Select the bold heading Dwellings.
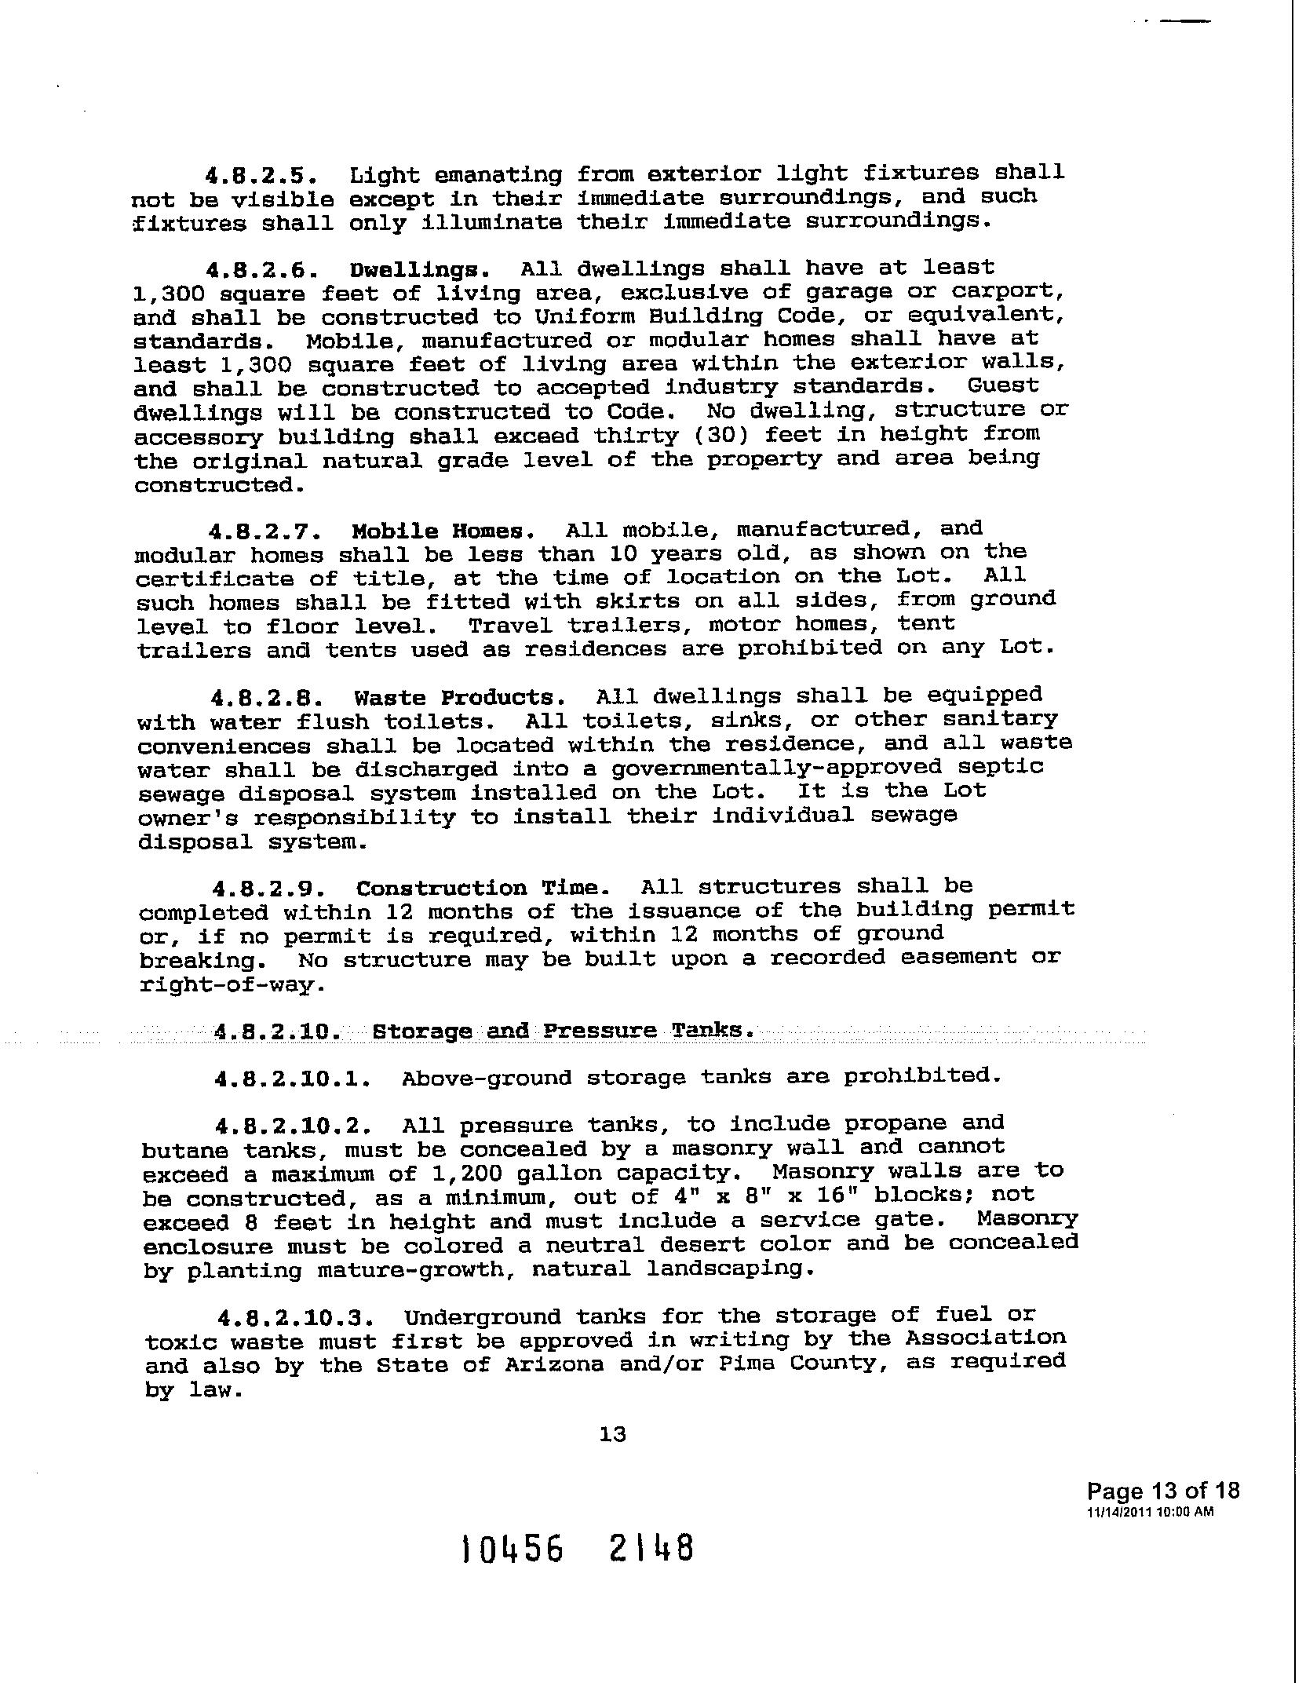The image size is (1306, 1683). click(420, 271)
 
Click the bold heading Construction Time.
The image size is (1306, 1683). click(483, 889)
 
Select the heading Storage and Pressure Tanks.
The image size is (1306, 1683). click(563, 1031)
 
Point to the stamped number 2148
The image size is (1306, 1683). click(651, 1549)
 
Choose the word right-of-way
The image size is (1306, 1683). click(232, 985)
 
